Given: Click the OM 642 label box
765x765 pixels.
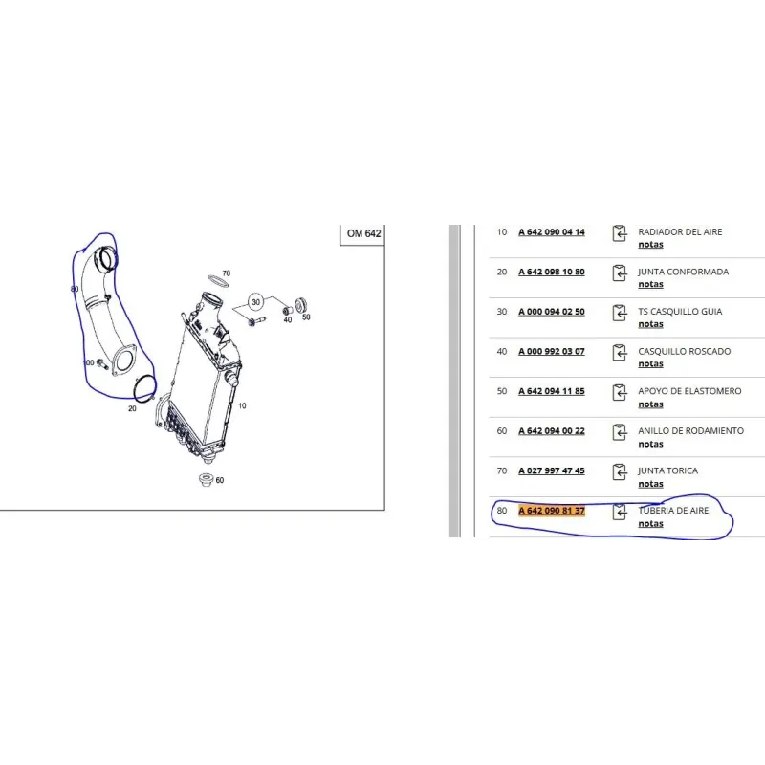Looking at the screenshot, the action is click(x=363, y=234).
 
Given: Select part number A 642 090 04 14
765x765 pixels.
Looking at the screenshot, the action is click(x=552, y=232).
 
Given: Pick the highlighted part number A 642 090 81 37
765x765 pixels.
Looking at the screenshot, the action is click(x=552, y=511).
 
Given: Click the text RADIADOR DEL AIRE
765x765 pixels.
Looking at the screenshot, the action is click(x=680, y=231).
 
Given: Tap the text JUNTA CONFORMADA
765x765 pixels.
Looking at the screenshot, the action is click(x=683, y=272).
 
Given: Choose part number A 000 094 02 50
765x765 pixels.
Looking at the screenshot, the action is click(x=552, y=312).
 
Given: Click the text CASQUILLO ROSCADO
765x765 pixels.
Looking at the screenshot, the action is click(x=684, y=351).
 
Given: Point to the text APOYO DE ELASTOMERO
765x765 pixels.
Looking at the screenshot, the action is click(x=689, y=391).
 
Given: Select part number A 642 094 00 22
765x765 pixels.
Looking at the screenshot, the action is click(x=552, y=431).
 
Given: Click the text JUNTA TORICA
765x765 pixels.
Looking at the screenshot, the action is click(x=667, y=470).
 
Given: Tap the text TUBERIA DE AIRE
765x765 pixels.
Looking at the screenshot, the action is click(x=673, y=511).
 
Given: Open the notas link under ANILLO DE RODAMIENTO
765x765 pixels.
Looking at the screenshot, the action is click(x=650, y=444).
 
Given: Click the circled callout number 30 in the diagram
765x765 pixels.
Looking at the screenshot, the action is click(x=256, y=302).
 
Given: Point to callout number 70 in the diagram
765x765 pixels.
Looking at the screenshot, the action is click(x=227, y=273).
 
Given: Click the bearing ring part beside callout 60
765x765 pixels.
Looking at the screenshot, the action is click(x=207, y=479).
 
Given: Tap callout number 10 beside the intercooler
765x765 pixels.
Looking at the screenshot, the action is click(x=242, y=405).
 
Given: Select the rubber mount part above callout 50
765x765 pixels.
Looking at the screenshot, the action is click(x=301, y=304).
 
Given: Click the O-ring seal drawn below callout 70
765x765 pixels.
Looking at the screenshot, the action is click(x=218, y=282).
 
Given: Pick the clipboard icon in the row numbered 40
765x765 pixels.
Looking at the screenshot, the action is click(x=619, y=352).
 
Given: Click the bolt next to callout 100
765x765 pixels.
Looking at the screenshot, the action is click(x=102, y=364).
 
